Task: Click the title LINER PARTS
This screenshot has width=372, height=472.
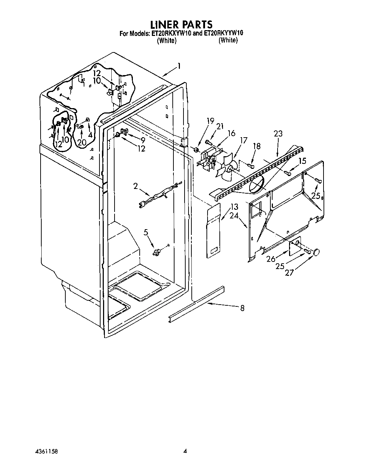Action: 181,24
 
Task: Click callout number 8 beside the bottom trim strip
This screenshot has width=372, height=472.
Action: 242,308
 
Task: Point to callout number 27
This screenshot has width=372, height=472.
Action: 289,273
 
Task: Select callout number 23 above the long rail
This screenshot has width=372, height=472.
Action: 278,134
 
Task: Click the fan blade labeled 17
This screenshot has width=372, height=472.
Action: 228,165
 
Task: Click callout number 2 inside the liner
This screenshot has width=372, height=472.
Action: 135,186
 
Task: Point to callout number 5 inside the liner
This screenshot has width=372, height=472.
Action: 146,232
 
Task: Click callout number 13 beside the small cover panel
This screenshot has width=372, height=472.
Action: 234,207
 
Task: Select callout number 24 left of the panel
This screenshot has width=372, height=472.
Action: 234,216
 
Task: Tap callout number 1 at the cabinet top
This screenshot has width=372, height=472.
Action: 178,66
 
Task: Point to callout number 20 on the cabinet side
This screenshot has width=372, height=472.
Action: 82,142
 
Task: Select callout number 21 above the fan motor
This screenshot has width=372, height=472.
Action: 220,126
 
